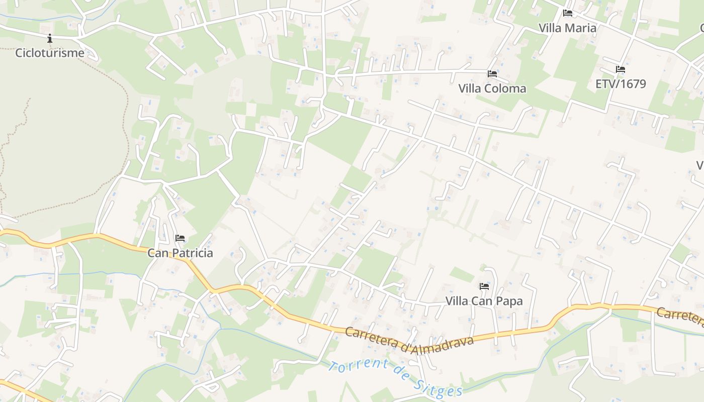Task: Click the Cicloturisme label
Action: click(50, 53)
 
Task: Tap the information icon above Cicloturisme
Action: click(50, 38)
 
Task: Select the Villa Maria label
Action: click(567, 28)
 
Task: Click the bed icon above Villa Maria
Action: click(568, 13)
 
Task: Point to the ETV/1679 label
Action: click(621, 84)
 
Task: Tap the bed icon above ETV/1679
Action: click(621, 69)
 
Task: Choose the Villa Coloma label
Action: click(492, 88)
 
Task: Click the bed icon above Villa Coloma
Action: click(492, 74)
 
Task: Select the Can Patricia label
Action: click(180, 253)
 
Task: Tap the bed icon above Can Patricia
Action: click(180, 238)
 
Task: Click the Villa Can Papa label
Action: click(484, 301)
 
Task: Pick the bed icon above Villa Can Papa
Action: click(484, 286)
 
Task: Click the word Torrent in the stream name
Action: click(358, 369)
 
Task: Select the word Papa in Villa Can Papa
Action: click(509, 301)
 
